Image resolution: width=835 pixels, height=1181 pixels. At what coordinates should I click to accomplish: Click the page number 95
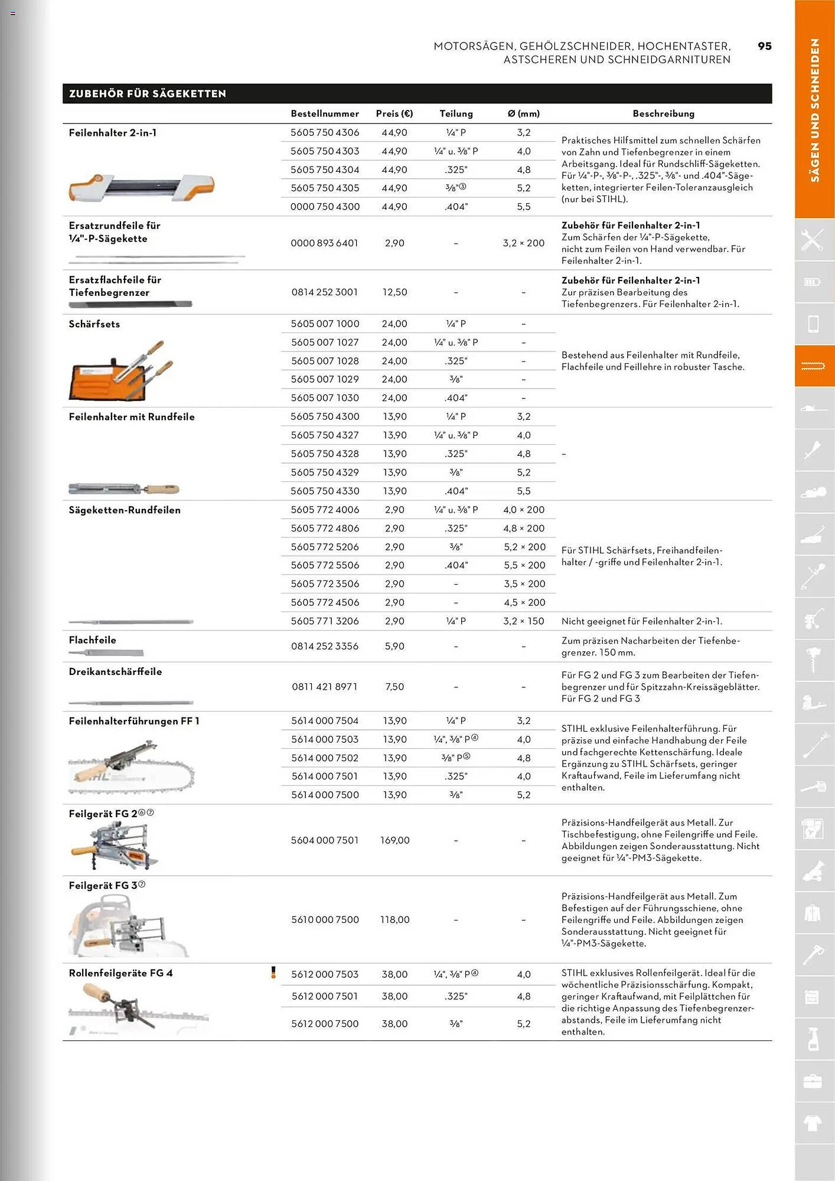(764, 46)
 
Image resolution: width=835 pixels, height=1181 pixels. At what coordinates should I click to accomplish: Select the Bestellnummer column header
(324, 113)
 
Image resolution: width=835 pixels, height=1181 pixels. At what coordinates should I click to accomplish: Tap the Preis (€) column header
(394, 113)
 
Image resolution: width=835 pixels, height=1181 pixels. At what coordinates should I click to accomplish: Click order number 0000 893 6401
(324, 243)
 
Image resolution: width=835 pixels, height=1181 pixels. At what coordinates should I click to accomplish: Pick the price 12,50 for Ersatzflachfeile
(394, 292)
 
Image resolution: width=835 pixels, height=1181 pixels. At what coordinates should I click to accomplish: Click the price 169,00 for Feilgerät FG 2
(394, 840)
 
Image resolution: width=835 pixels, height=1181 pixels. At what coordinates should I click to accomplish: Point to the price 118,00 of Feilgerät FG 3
(394, 919)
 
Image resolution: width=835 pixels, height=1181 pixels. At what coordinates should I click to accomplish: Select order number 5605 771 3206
(324, 621)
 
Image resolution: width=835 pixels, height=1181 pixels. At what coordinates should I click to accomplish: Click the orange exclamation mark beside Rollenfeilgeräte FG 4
(273, 973)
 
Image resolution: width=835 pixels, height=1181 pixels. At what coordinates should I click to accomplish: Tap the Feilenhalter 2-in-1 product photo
(142, 187)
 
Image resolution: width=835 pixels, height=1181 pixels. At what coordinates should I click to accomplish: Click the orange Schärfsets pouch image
(121, 372)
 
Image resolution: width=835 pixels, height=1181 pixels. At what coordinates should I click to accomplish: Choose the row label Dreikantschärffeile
(115, 671)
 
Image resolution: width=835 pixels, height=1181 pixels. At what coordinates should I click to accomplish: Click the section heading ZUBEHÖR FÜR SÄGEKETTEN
(148, 94)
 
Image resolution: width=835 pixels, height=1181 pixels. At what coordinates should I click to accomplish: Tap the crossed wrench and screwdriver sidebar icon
(813, 240)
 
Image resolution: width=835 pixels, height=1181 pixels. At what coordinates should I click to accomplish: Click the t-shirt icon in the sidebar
(813, 1123)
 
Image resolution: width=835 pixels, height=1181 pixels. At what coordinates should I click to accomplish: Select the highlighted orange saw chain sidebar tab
(813, 367)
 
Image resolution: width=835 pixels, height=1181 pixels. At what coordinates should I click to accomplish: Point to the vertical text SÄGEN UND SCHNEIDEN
(814, 110)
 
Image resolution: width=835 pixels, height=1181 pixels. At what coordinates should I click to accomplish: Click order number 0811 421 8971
(324, 687)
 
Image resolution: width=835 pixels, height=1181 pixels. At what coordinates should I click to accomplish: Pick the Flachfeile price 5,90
(394, 647)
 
